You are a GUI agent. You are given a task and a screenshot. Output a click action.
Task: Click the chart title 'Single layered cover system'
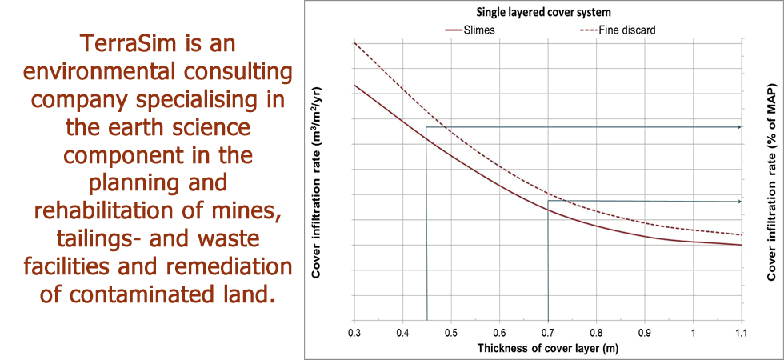point(544,14)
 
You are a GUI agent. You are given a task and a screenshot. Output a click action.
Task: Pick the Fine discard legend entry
point(626,30)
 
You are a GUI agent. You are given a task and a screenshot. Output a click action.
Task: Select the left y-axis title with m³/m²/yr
point(318,182)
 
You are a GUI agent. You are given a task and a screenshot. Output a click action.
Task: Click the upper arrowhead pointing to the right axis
point(738,127)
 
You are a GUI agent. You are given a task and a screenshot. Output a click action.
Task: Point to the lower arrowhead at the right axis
point(738,201)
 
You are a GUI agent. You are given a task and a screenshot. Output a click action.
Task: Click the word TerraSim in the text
point(122,40)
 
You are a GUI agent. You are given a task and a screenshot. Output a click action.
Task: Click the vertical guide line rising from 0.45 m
point(426,240)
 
